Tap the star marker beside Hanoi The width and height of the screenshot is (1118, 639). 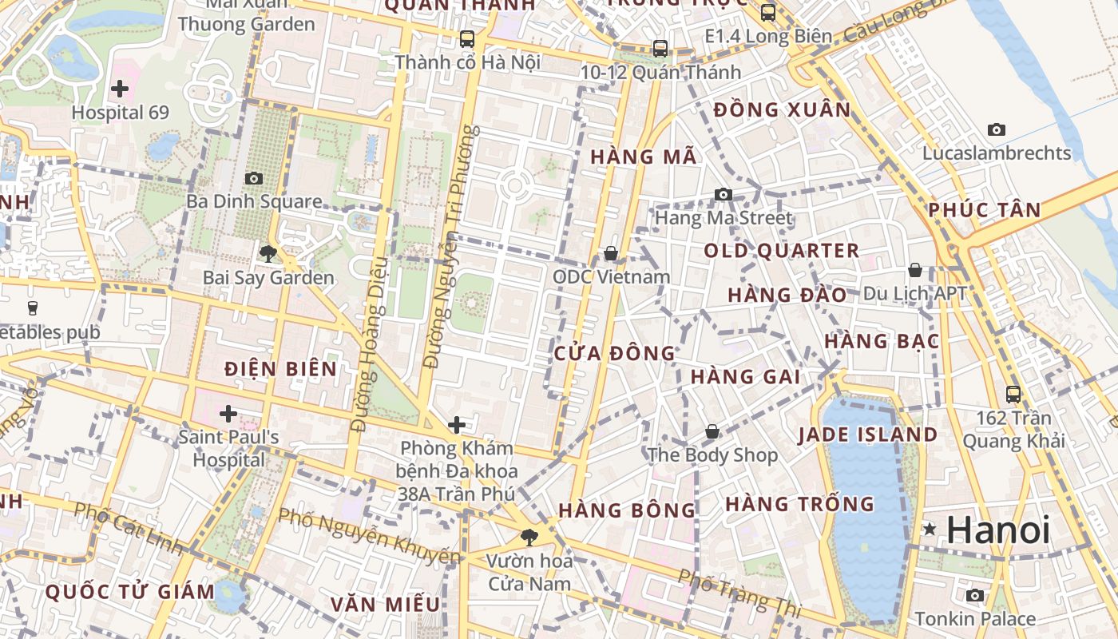point(930,529)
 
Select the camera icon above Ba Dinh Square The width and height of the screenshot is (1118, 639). point(254,178)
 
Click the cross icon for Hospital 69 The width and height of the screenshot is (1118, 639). point(120,89)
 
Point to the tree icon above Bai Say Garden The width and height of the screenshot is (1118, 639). point(268,254)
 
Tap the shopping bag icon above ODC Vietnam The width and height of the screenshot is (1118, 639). point(611,253)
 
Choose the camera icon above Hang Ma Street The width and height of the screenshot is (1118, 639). point(724,194)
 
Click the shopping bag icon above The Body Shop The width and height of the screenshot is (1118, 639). point(712,432)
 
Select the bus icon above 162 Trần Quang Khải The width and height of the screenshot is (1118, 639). point(1013,394)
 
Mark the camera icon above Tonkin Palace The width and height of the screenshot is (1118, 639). point(974,595)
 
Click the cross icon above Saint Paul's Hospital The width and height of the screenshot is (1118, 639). point(228,414)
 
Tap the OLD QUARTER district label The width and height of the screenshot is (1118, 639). point(781,251)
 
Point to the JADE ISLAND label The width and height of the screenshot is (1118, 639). point(868,435)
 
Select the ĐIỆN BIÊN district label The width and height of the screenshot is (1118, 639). point(280,369)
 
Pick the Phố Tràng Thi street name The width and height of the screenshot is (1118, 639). point(739,592)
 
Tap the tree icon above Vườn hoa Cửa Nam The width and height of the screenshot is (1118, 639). point(528,537)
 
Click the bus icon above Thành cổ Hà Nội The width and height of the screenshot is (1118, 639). point(467,38)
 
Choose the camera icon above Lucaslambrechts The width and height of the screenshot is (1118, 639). point(997,129)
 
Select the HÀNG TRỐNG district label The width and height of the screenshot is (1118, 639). point(799,504)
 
